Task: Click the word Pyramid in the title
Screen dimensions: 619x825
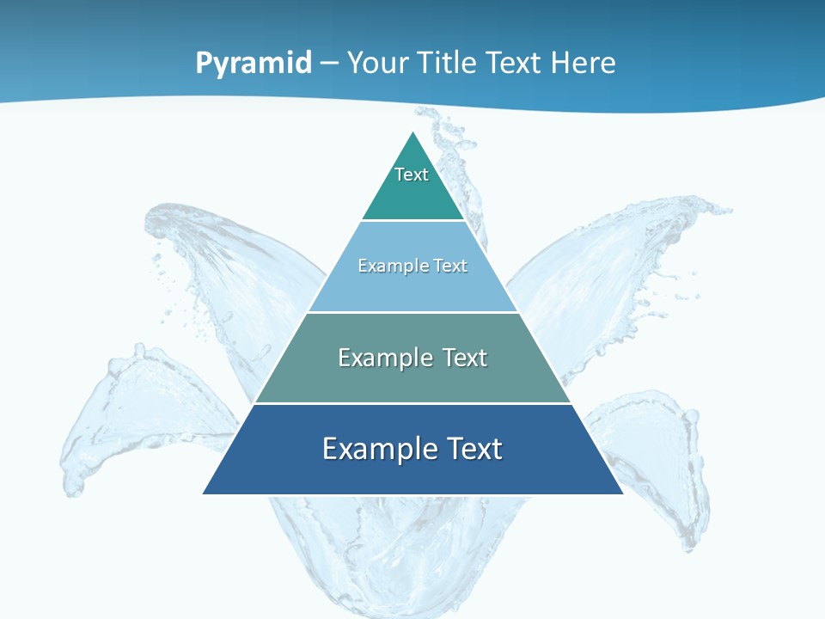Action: click(254, 64)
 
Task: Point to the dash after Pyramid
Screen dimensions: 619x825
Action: click(329, 64)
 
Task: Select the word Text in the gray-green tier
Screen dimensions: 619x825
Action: click(462, 358)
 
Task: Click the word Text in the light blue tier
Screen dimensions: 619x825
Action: click(450, 266)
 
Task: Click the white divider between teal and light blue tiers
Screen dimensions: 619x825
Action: click(412, 221)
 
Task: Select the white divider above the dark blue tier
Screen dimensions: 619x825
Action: click(412, 403)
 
